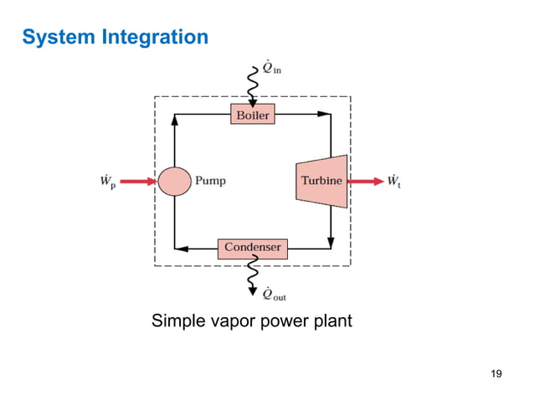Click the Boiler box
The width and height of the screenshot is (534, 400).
click(x=252, y=115)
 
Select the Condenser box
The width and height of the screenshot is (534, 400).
click(x=253, y=248)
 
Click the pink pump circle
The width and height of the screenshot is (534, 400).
click(x=174, y=181)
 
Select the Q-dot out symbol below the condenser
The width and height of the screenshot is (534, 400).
click(x=274, y=293)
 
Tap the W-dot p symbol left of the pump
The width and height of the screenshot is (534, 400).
click(x=106, y=181)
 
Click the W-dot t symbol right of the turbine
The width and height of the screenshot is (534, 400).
click(x=393, y=181)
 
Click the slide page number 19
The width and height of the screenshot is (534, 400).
click(x=495, y=372)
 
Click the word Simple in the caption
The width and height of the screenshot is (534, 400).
click(x=174, y=321)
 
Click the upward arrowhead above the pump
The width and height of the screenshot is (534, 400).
click(x=174, y=120)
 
